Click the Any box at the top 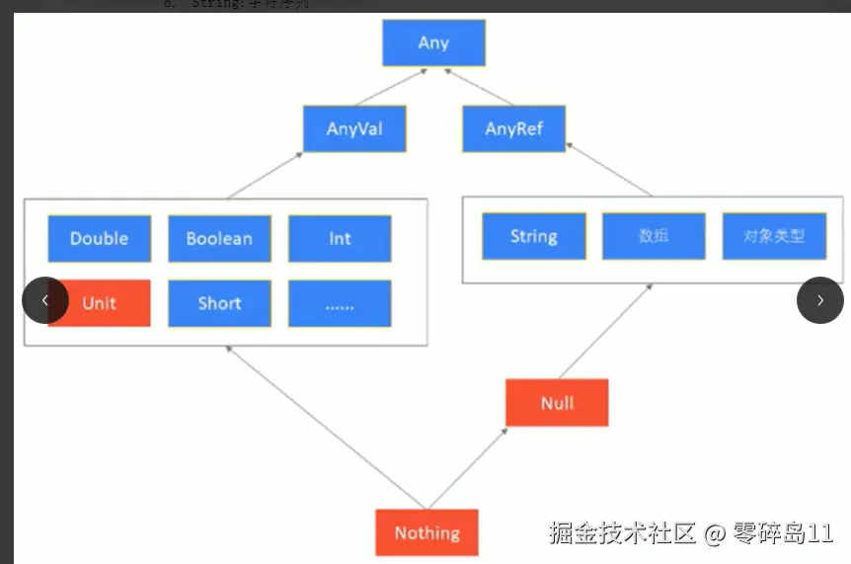tap(433, 42)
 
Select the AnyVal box tap(354, 128)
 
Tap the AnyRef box tap(513, 128)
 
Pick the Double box tap(100, 238)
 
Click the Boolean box tap(219, 238)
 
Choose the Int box tap(340, 238)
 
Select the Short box tap(219, 303)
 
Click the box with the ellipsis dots tap(340, 303)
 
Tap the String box tap(533, 236)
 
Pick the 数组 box tap(654, 236)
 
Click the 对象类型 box tap(774, 236)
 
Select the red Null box tap(557, 403)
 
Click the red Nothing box tap(426, 532)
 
